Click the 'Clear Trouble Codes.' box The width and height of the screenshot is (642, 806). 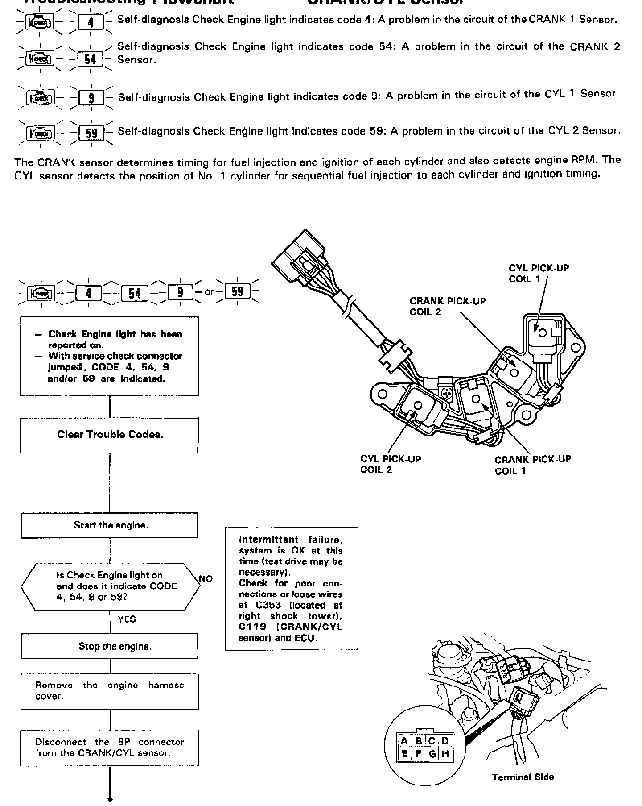coord(110,435)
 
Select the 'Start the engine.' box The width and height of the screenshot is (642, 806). coord(110,525)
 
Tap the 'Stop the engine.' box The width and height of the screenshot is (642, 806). coord(110,646)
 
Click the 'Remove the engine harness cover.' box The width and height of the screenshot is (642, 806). coord(110,691)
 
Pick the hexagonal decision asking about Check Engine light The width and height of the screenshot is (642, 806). coord(111,586)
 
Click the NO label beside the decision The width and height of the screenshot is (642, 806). coord(206,579)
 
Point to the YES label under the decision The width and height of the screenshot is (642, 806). coord(127,619)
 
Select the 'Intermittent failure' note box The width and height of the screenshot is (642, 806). coord(291,589)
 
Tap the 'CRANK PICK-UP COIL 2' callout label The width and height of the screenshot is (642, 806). coord(447,306)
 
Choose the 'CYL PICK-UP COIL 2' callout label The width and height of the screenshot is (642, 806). coord(391,464)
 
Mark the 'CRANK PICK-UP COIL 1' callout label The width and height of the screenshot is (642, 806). coord(532,465)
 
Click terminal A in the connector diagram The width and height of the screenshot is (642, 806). coord(404,741)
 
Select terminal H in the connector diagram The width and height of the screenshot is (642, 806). coord(445,754)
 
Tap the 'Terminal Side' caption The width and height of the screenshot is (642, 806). coord(523,777)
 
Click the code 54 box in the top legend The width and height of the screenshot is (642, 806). coord(91,59)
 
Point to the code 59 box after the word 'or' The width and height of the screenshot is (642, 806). coord(238,292)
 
